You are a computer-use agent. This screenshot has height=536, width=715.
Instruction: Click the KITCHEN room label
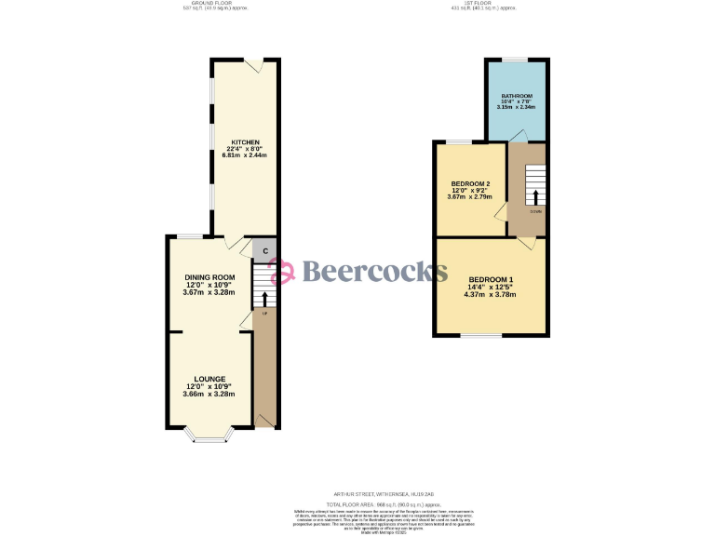click(x=245, y=142)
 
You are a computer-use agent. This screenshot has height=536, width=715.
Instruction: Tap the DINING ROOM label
click(x=209, y=277)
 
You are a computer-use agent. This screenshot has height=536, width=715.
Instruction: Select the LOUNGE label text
click(x=209, y=379)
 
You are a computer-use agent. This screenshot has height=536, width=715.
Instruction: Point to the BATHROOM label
click(x=516, y=96)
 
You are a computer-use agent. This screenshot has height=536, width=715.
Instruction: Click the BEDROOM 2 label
click(x=469, y=183)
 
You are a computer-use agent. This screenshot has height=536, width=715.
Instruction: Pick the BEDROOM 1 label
click(x=492, y=280)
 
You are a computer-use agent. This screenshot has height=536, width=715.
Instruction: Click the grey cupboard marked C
click(x=264, y=250)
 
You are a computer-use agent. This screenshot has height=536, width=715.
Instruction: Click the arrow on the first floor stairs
click(x=535, y=196)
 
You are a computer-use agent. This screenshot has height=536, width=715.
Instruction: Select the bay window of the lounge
click(x=209, y=435)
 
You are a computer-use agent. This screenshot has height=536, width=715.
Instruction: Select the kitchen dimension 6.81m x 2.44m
click(x=245, y=154)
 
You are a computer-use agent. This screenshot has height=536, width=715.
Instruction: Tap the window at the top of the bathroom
click(x=516, y=60)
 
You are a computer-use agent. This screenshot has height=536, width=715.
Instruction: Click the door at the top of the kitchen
click(x=253, y=64)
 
